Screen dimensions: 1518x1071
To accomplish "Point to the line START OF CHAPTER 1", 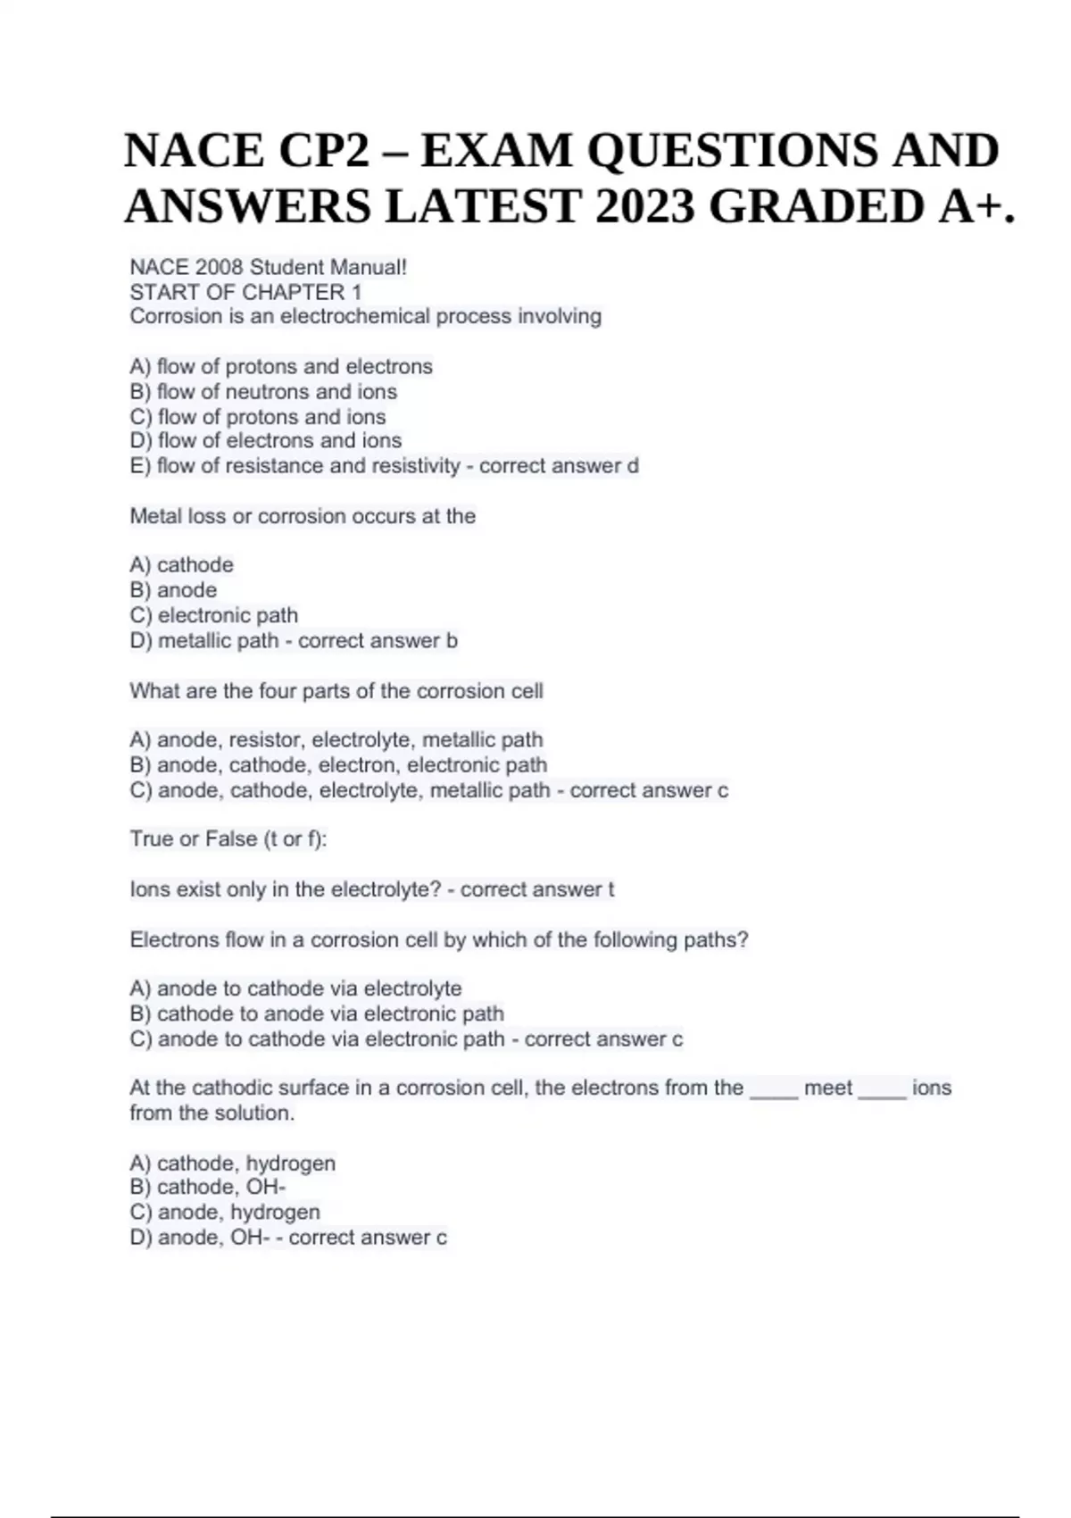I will [x=245, y=292].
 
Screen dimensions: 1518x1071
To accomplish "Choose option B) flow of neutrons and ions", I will [x=263, y=391].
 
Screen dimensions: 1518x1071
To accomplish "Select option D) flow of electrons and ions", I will [x=266, y=440].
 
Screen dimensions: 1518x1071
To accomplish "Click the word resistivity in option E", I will [x=412, y=465].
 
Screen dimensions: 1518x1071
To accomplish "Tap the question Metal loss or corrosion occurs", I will [x=303, y=515].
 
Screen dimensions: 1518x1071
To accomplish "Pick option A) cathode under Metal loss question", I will [x=182, y=564].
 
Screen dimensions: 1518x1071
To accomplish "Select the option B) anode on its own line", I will [x=173, y=589].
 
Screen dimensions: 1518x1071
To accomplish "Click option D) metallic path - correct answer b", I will [x=294, y=640].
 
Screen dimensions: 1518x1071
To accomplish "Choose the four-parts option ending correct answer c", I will [x=428, y=790].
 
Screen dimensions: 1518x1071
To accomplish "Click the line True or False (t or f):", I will [x=228, y=839].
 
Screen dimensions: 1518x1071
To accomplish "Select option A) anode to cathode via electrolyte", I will [x=295, y=988].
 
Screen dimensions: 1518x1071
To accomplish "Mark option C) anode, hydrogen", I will [x=225, y=1212].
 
